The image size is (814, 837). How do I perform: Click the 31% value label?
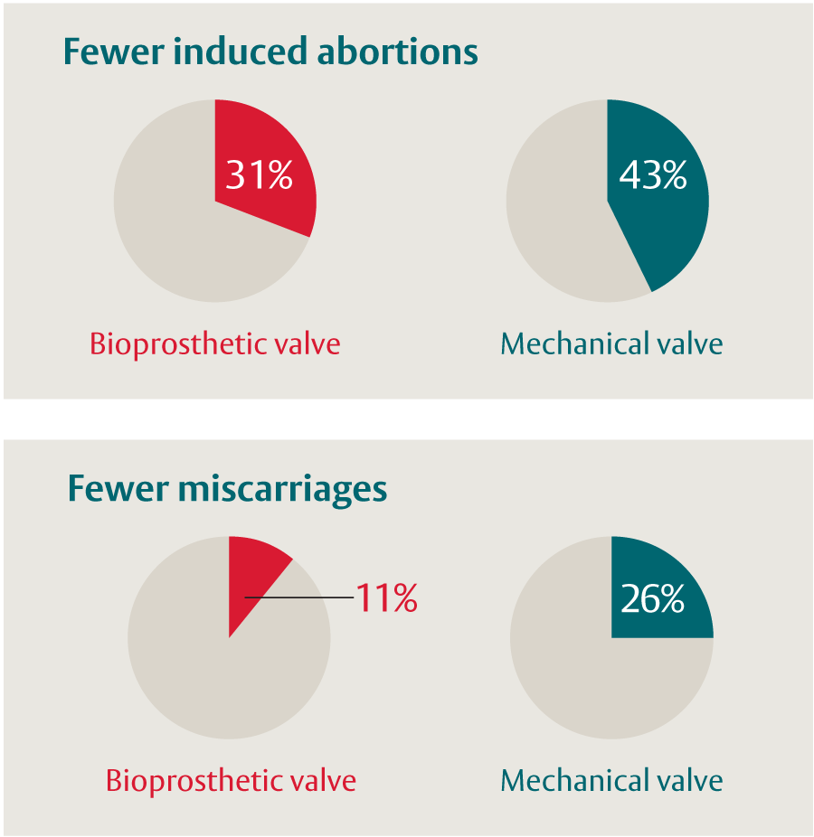259,175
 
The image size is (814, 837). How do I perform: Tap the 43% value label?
652,175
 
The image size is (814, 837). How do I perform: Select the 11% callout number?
386,598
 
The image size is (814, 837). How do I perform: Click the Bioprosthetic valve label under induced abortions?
214,344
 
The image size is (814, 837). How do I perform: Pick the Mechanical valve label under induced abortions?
611,344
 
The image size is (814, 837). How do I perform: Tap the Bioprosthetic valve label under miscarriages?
231,780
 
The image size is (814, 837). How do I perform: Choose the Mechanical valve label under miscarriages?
611,780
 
